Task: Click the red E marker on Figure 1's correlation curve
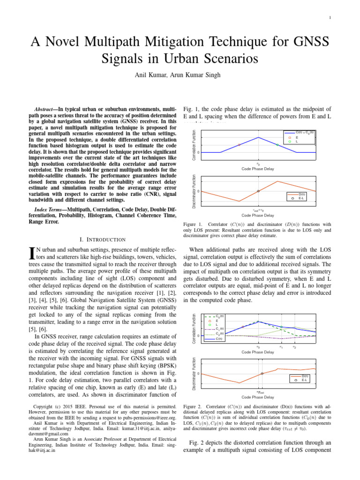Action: click(239, 145)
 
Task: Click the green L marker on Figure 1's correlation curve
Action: click(277, 145)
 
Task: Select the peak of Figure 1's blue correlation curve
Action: click(258, 137)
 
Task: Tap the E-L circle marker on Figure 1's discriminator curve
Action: click(258, 191)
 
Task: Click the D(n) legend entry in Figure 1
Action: click(302, 194)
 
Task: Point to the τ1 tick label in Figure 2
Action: click(281, 347)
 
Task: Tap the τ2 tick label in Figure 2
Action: click(294, 347)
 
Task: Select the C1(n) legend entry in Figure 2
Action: click(219, 329)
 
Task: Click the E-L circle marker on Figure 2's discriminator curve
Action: click(262, 373)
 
